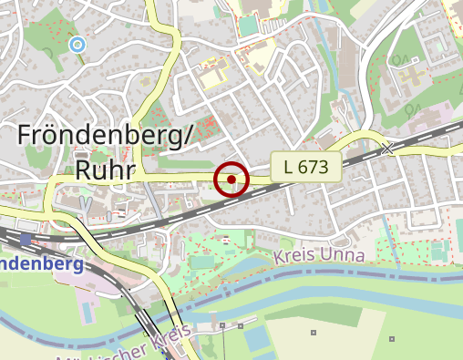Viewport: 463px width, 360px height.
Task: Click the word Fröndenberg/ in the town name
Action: [106, 136]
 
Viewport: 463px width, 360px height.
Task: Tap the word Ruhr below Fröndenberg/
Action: [106, 170]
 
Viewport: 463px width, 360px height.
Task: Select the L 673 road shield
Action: [306, 167]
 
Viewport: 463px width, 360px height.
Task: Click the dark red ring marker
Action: [232, 180]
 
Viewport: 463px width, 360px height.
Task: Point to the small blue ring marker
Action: [77, 43]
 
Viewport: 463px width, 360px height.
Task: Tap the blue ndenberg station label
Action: [42, 264]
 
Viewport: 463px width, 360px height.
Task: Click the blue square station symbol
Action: [25, 240]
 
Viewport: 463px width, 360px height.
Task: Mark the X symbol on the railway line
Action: [389, 148]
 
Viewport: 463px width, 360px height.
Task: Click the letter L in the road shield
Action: [289, 167]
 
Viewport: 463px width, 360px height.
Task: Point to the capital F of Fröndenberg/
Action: [26, 136]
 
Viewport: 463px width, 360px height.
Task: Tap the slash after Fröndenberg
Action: [189, 136]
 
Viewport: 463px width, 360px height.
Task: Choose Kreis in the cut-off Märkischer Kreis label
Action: [159, 343]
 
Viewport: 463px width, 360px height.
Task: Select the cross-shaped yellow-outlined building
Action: [214, 67]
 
